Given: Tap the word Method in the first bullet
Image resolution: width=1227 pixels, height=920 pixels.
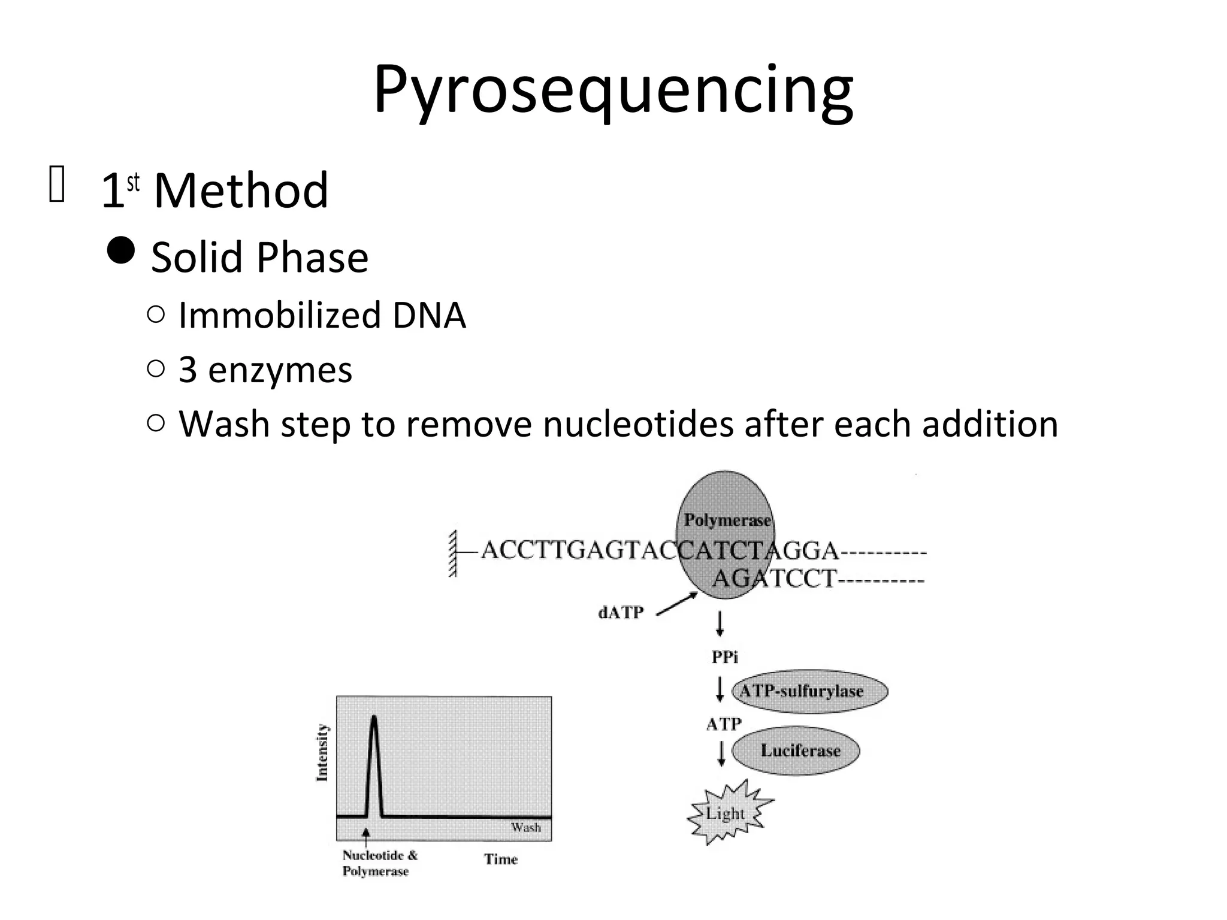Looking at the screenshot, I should (241, 190).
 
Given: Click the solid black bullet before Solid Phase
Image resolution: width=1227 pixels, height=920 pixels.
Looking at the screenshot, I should (122, 250).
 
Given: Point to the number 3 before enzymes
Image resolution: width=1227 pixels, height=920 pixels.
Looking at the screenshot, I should (188, 370).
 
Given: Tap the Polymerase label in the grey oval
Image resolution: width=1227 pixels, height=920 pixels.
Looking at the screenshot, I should (727, 520).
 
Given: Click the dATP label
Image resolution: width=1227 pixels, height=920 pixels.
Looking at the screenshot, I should (621, 613).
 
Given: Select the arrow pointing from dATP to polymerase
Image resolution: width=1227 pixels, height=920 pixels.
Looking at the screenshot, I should (677, 604).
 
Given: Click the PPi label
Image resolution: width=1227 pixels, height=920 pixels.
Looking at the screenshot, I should (724, 658).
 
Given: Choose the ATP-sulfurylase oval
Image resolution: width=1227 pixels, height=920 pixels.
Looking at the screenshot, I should (809, 691).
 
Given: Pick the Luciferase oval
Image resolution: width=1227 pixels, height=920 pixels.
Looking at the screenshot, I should (796, 750).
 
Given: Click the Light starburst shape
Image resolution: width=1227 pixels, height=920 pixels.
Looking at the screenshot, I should (727, 813).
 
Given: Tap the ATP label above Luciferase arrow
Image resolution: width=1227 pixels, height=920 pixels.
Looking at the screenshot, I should (724, 724).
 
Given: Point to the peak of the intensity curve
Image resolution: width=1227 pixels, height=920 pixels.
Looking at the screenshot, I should (374, 719).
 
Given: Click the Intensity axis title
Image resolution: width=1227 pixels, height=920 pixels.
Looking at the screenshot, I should (322, 753).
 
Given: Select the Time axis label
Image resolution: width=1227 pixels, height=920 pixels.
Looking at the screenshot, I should (501, 860).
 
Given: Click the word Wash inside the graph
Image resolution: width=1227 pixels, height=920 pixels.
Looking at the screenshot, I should (525, 828).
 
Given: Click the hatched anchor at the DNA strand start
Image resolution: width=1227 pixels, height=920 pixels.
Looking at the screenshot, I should (453, 553).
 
